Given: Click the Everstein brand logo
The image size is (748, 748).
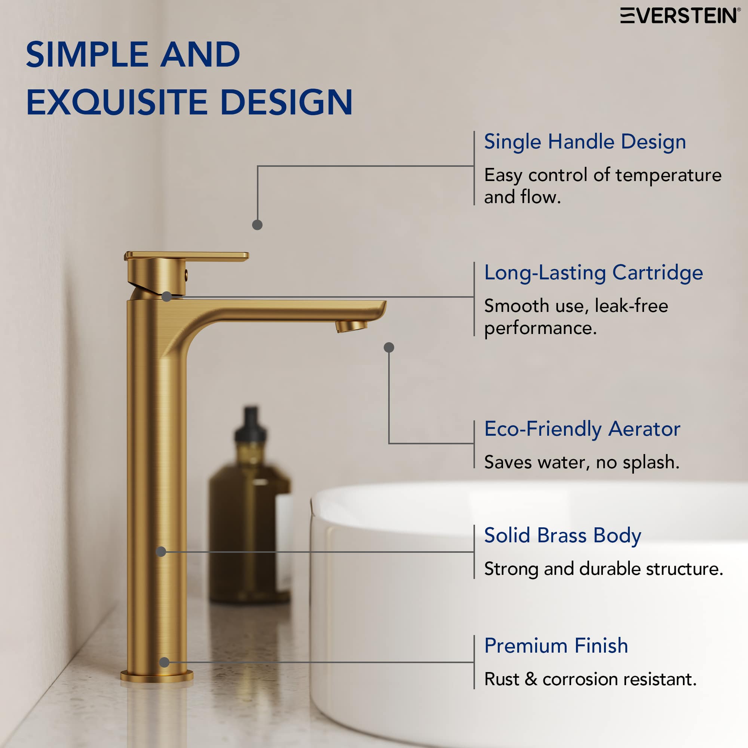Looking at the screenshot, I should click(x=680, y=16).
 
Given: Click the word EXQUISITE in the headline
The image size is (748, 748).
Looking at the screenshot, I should click(x=117, y=102).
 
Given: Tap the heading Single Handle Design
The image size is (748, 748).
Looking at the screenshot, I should click(x=585, y=142).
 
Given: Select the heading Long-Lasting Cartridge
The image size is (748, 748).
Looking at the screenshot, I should click(x=593, y=273).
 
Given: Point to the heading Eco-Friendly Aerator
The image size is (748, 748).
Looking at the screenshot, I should click(x=582, y=429).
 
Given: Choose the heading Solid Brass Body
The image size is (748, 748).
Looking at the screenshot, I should click(x=562, y=536).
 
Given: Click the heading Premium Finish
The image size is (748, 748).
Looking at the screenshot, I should click(x=556, y=646).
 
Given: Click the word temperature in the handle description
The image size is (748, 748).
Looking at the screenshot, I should click(x=668, y=175).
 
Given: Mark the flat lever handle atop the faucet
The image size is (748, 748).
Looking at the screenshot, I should click(x=187, y=256).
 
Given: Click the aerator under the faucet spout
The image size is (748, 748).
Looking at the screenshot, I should click(x=351, y=327).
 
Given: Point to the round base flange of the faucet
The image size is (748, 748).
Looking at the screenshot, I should click(x=157, y=676).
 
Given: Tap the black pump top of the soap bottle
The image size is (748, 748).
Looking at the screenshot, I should click(x=251, y=426).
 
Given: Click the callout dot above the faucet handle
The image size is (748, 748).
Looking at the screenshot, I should click(x=257, y=225).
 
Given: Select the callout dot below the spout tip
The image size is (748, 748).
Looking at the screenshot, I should click(x=389, y=347).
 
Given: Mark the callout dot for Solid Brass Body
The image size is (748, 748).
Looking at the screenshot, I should click(x=161, y=551).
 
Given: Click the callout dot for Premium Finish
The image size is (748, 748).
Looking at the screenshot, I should click(x=164, y=662).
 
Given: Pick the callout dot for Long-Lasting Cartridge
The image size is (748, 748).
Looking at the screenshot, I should click(x=166, y=297).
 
